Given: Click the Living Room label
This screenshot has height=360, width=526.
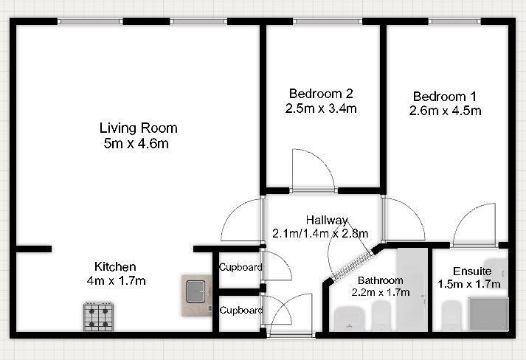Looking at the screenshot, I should (138, 128).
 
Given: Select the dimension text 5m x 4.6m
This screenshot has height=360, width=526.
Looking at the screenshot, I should (136, 144).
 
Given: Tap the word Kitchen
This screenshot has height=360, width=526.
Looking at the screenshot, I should (115, 266).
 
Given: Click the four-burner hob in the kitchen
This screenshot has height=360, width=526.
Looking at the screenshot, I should (98, 316).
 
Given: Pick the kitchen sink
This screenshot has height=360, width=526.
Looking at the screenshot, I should (197, 291).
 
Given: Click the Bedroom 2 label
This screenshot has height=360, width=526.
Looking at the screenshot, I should (321, 94).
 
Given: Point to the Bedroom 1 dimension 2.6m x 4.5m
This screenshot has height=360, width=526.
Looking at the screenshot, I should (445, 111).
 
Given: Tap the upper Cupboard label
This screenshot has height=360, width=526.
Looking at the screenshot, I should (240, 267).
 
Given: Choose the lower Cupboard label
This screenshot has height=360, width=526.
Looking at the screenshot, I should (240, 311).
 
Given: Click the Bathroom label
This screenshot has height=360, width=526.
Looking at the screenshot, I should (380, 280).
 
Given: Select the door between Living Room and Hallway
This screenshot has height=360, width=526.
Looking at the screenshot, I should (243, 221).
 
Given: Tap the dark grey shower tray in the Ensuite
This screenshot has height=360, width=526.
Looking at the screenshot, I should (487, 313).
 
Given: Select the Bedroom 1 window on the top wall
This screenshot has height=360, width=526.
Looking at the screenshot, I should (452, 21).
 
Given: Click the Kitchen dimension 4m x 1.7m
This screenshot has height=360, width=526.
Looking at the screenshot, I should (116, 281).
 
